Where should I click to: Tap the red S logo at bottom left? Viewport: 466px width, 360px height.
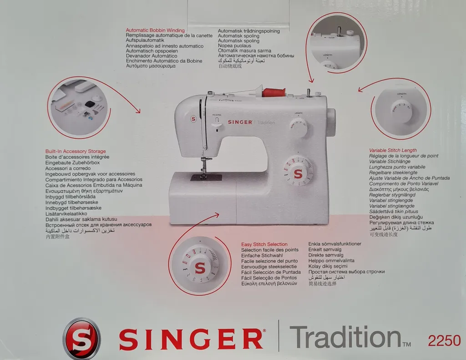[x=81, y=339]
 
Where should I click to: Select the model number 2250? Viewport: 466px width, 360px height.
[x=444, y=340]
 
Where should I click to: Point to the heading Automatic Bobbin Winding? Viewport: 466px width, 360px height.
[x=155, y=30]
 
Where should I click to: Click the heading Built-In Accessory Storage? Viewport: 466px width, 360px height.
[x=76, y=151]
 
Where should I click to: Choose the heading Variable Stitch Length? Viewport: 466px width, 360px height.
[x=393, y=150]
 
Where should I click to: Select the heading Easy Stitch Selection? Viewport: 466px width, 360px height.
[x=264, y=244]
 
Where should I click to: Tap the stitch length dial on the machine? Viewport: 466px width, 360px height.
[x=299, y=128]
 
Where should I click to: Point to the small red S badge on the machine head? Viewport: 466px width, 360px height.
[x=193, y=119]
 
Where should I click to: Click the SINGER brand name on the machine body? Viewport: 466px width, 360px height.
[x=240, y=122]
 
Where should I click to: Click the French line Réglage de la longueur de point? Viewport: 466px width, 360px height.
[x=404, y=156]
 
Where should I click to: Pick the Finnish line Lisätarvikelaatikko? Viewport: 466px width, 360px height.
[x=66, y=213]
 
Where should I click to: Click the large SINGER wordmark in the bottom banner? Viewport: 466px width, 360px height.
[x=191, y=340]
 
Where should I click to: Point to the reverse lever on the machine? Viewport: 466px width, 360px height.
[x=217, y=122]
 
